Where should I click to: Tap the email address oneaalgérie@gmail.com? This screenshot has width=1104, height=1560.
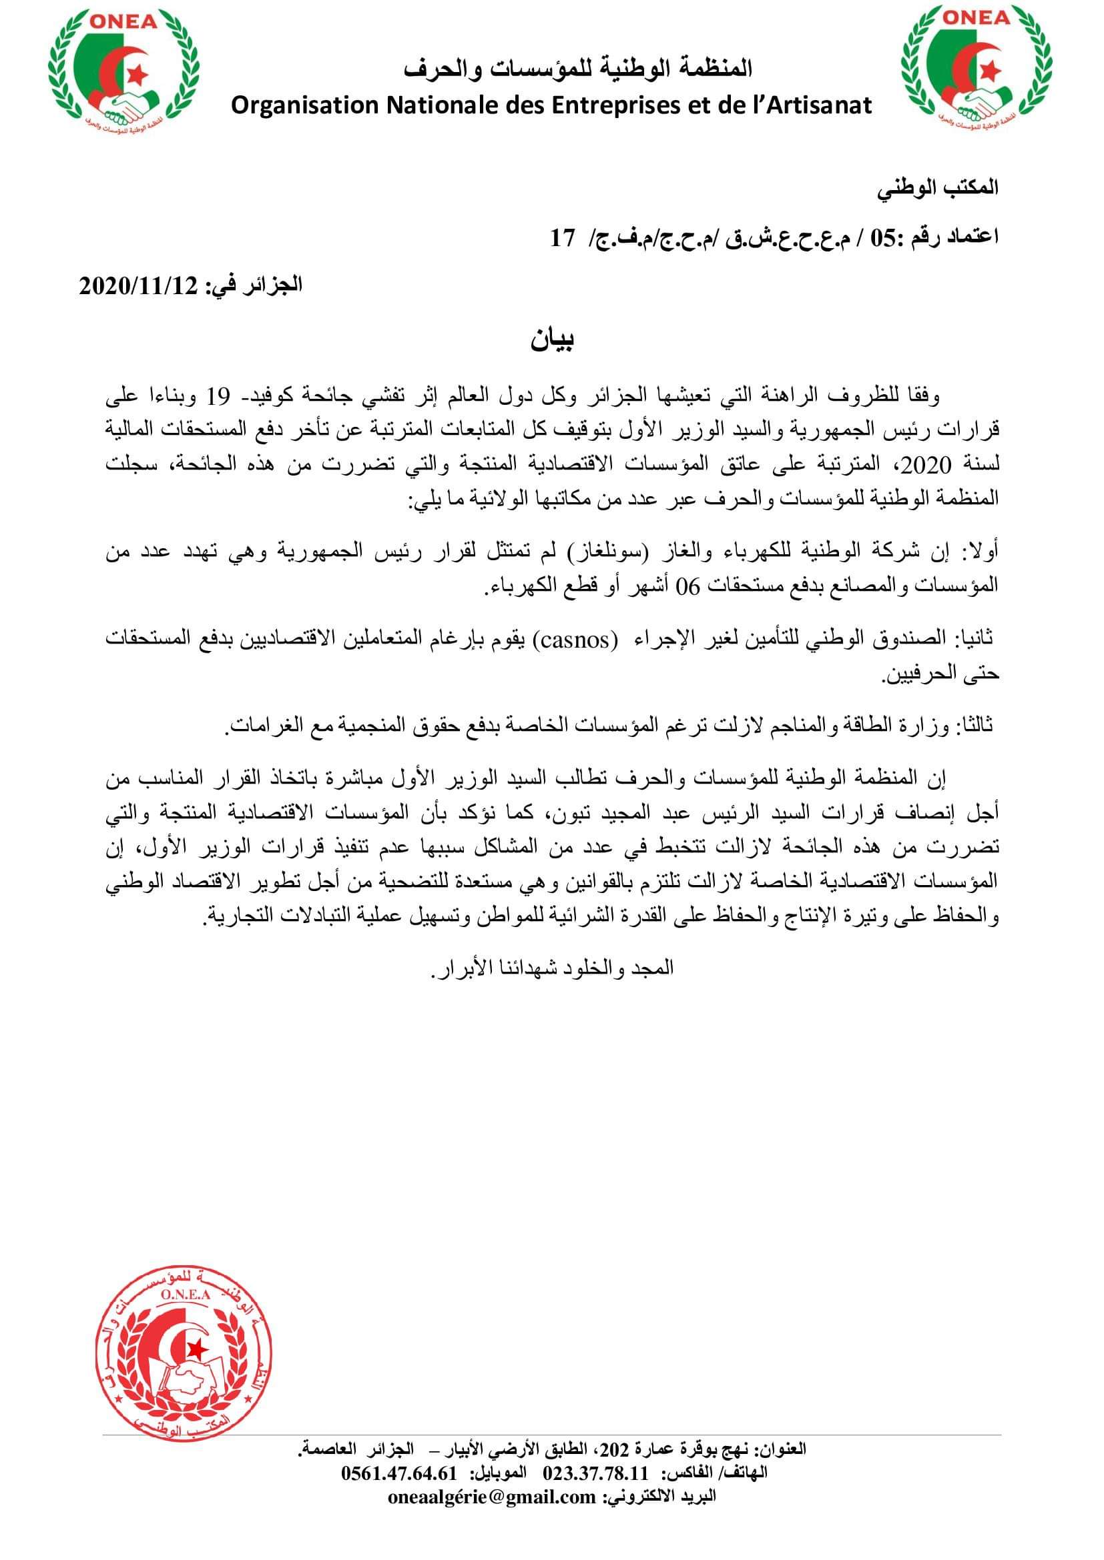492,1534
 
